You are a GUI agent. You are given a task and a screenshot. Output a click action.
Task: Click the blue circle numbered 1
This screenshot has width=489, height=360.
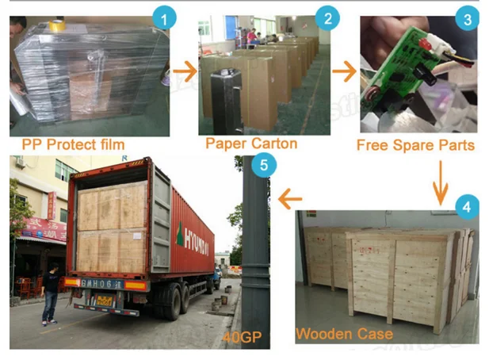click(164, 17)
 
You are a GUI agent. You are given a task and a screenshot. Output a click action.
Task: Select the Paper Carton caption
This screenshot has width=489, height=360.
click(251, 144)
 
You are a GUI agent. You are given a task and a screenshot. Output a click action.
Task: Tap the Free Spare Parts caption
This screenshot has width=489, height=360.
click(415, 145)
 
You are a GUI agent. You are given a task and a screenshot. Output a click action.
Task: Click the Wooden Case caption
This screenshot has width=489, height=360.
click(344, 334)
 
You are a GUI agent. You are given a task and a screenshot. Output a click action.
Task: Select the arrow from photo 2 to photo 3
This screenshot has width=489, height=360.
click(344, 72)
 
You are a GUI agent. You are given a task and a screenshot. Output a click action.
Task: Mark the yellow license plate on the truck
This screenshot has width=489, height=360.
click(104, 301)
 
